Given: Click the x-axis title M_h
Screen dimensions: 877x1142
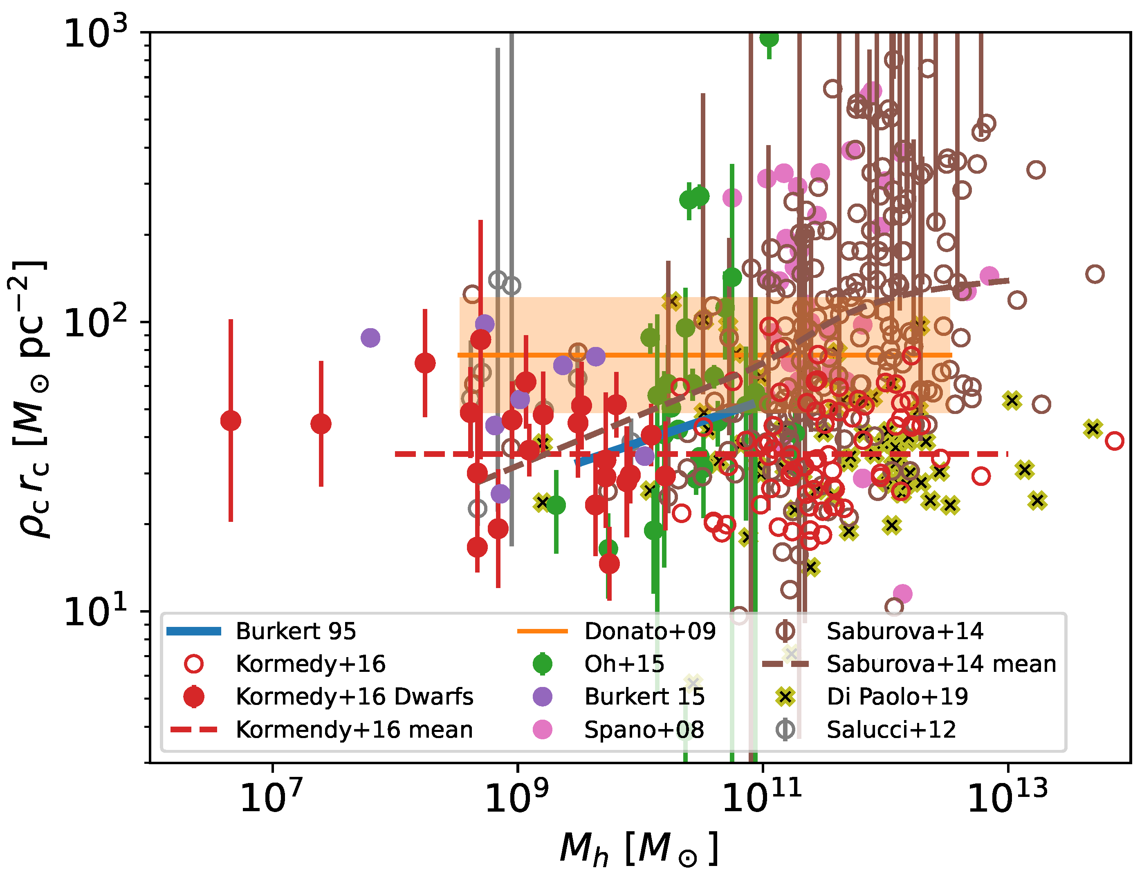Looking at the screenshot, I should tap(638, 849).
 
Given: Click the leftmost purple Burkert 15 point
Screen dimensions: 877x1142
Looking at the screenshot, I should tap(370, 338).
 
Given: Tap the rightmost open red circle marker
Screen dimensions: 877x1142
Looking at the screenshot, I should tap(1114, 441).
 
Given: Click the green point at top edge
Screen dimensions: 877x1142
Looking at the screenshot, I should tap(769, 38).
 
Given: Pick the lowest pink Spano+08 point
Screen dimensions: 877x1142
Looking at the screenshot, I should tap(902, 593).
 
